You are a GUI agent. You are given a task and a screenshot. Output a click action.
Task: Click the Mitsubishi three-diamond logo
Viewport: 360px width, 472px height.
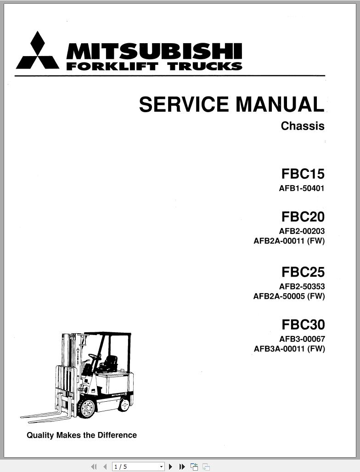tap(38, 51)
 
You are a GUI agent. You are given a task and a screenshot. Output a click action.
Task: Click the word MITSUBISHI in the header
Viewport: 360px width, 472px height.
tap(154, 51)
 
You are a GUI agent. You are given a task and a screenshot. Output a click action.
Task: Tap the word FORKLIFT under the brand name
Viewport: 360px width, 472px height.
tap(112, 66)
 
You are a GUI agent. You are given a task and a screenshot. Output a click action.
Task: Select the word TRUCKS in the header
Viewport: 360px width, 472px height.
tap(205, 66)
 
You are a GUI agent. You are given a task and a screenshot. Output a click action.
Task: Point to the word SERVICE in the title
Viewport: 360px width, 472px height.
tap(183, 105)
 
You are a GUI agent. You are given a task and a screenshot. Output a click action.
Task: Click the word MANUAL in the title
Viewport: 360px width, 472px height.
tap(280, 105)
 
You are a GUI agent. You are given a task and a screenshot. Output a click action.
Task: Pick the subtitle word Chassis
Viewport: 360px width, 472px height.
tap(303, 126)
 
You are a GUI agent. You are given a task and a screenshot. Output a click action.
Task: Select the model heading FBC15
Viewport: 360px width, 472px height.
tap(303, 174)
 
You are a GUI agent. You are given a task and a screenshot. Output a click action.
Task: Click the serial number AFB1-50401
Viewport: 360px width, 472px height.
tap(302, 188)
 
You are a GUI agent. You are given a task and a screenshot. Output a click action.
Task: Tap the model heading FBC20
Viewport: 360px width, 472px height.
tap(303, 216)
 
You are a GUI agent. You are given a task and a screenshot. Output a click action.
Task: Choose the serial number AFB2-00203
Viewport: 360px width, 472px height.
tap(302, 231)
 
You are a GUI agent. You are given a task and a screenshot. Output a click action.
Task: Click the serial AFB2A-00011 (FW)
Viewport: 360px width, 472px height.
tap(289, 241)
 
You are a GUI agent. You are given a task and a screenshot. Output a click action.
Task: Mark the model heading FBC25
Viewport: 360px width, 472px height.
tap(303, 272)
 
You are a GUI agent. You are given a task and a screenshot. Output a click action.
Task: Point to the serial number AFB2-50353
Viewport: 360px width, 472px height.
tap(302, 287)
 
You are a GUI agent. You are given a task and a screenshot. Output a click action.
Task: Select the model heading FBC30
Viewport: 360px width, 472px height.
tap(303, 324)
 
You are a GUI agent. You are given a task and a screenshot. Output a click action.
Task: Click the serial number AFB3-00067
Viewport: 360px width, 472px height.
tap(302, 339)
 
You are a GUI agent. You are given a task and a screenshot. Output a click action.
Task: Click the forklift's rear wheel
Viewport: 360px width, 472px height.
tap(124, 405)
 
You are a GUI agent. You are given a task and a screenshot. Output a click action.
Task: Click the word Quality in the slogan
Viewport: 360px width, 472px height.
tap(40, 435)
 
